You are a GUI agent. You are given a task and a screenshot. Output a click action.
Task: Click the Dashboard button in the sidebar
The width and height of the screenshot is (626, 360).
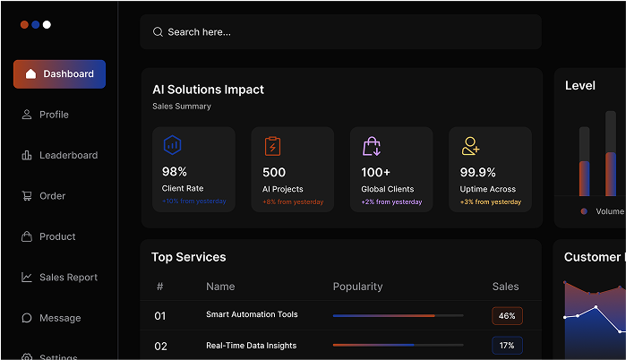pyautogui.click(x=59, y=74)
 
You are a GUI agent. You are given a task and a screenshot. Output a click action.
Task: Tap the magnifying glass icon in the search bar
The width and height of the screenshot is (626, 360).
pyautogui.click(x=158, y=32)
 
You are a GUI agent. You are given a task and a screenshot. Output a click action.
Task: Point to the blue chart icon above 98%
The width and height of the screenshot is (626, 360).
pyautogui.click(x=172, y=145)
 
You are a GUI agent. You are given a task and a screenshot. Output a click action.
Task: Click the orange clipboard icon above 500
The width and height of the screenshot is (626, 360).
pyautogui.click(x=272, y=146)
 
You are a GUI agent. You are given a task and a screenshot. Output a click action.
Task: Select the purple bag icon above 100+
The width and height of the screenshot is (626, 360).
pyautogui.click(x=372, y=146)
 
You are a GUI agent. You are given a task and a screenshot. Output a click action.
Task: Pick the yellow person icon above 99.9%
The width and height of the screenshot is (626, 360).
pyautogui.click(x=470, y=146)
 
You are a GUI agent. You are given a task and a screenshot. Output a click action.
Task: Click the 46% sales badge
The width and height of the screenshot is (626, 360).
pyautogui.click(x=507, y=316)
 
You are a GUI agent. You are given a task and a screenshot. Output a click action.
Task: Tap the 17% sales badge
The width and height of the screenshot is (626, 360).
pyautogui.click(x=507, y=346)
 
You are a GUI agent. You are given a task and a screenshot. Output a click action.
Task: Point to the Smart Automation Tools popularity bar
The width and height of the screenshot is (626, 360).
pyautogui.click(x=398, y=315)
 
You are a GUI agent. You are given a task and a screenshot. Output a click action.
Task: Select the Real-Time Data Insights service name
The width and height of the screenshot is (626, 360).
pyautogui.click(x=251, y=346)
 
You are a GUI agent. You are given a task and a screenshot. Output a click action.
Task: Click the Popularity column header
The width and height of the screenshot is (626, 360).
pyautogui.click(x=357, y=287)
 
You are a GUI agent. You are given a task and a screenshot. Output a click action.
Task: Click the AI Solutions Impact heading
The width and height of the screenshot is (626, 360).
pyautogui.click(x=208, y=90)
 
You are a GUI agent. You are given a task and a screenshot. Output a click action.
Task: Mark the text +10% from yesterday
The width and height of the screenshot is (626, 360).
pyautogui.click(x=193, y=201)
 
